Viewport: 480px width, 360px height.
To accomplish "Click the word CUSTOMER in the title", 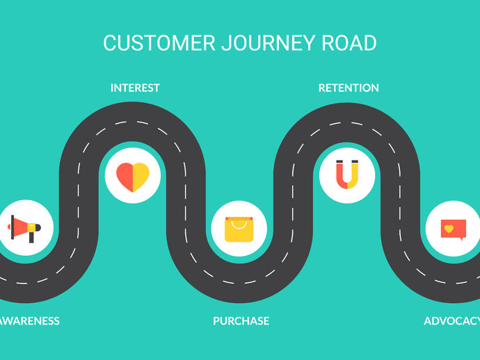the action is (159, 43).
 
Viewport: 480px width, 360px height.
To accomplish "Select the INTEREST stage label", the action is (135, 88).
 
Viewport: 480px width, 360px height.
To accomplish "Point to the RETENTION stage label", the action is (349, 88).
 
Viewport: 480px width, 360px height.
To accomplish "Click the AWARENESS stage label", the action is (30, 321).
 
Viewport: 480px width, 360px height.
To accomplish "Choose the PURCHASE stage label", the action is (241, 321).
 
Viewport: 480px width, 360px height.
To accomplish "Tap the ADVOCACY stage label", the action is (452, 321).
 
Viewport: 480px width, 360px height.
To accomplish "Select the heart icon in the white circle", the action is (132, 177).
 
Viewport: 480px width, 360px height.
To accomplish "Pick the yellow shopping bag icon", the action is (239, 229).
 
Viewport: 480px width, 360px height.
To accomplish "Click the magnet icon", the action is (346, 174).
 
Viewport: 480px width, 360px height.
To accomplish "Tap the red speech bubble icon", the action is (453, 229).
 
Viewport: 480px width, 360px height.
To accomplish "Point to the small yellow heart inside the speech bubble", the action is (449, 228).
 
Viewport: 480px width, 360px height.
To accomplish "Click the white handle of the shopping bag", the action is (239, 223).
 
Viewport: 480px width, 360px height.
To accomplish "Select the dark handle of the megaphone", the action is (31, 237).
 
